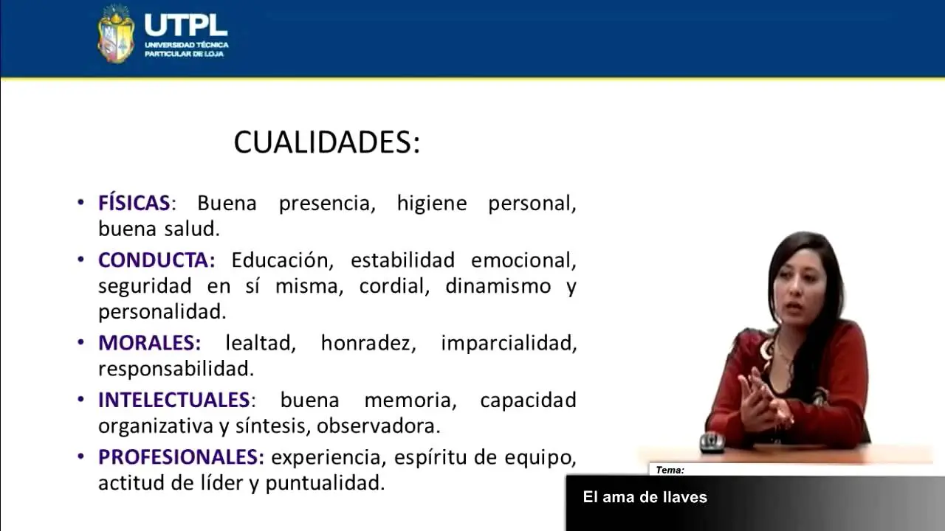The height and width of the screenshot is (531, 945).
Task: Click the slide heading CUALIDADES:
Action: click(x=326, y=142)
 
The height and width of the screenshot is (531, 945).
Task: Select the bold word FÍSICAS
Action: click(x=134, y=204)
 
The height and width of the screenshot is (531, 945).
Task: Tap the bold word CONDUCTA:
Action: click(x=157, y=260)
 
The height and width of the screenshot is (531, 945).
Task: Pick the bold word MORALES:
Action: click(x=149, y=343)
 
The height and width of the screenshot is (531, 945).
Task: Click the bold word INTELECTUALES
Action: click(x=173, y=400)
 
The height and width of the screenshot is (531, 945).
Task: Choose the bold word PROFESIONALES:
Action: click(x=181, y=457)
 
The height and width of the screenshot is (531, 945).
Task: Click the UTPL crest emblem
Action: click(x=116, y=34)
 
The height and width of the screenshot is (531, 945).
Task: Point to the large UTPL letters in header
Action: click(x=186, y=25)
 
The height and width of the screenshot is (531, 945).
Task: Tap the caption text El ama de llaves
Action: click(x=645, y=498)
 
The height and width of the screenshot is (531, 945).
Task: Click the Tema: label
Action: click(x=670, y=470)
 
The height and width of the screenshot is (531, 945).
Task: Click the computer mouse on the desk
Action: click(x=712, y=442)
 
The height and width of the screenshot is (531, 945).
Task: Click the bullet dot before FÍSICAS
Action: click(x=81, y=203)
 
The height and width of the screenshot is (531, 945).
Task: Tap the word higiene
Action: click(x=432, y=204)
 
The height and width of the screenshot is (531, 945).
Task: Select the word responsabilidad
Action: click(x=176, y=368)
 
